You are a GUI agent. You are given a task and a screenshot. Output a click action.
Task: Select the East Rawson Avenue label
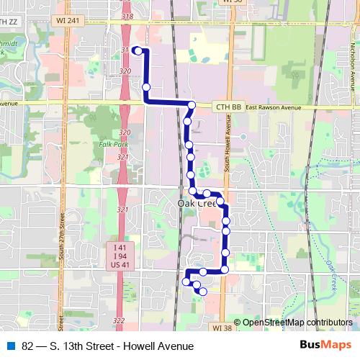click(272, 107)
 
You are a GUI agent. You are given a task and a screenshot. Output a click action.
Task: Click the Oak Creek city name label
click(197, 204)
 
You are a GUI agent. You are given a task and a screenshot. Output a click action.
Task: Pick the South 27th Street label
click(63, 234)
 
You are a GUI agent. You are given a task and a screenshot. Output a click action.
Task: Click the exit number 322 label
click(120, 320)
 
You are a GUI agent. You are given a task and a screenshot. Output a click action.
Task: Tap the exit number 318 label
click(128, 15)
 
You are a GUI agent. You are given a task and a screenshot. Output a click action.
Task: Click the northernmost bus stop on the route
click(138, 51)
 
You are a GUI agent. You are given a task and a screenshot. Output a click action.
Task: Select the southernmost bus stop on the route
click(203, 292)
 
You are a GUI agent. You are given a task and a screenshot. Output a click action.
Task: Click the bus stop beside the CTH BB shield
click(192, 106)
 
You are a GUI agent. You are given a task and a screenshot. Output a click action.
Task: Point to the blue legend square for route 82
click(10, 346)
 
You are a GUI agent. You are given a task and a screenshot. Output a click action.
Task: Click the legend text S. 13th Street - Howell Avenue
click(108, 346)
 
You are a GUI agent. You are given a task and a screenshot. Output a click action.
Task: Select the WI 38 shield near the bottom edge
click(222, 328)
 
